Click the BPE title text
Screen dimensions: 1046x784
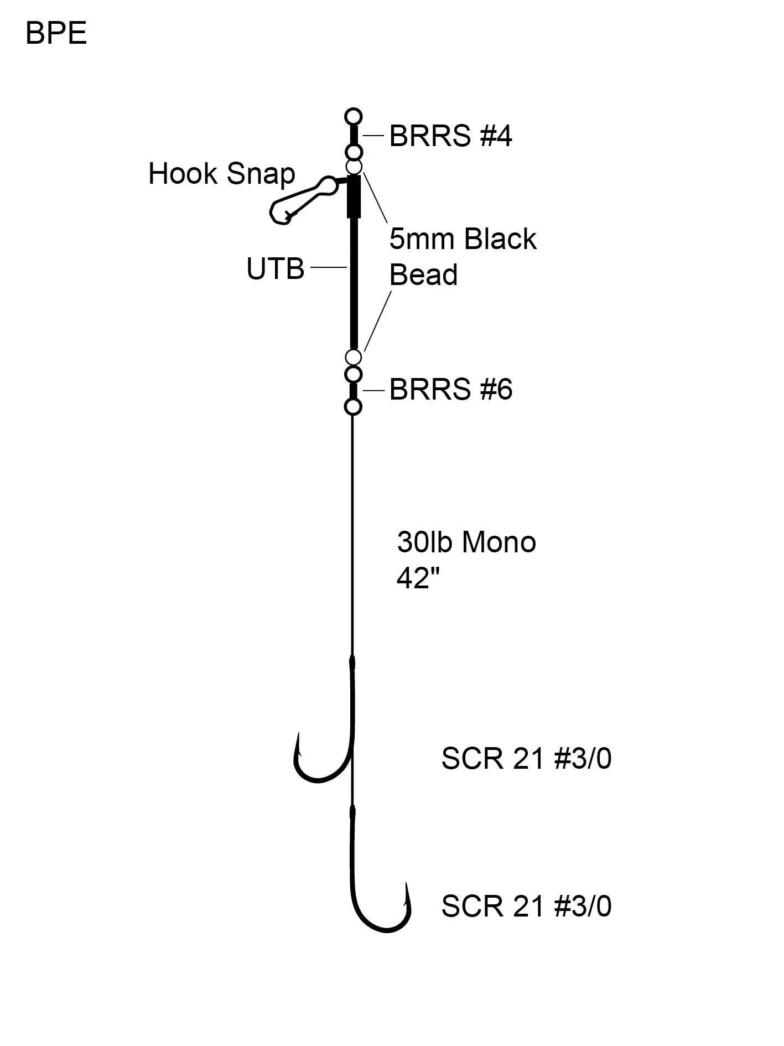(56, 33)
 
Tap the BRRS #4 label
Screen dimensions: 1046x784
(450, 136)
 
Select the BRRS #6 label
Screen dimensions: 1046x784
(450, 390)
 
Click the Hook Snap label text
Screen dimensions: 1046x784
(221, 174)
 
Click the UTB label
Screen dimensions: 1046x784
(275, 269)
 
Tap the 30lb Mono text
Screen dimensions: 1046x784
(466, 542)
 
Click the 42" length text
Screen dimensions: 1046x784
(418, 578)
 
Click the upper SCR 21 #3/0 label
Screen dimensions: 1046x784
(526, 758)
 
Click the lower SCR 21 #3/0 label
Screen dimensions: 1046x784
(526, 907)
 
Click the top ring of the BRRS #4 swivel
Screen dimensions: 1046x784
(353, 117)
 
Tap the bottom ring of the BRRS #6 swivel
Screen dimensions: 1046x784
(353, 407)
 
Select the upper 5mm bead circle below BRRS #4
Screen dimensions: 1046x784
(354, 166)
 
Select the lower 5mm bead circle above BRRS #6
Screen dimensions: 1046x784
(353, 357)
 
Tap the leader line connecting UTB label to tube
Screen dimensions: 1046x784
(329, 268)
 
